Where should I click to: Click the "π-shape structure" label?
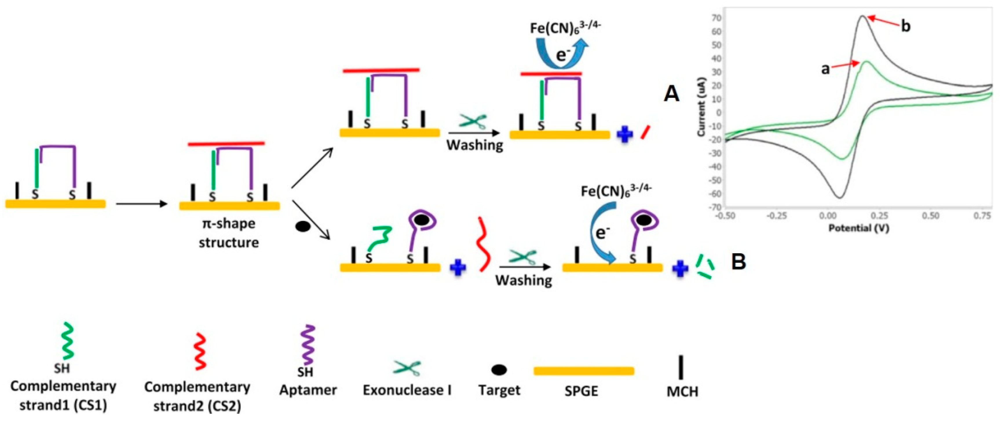click(x=229, y=233)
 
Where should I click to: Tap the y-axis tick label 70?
click(x=716, y=18)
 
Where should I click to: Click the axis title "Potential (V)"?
click(x=859, y=228)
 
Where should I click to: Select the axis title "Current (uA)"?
click(x=701, y=107)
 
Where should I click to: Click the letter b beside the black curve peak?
click(x=905, y=26)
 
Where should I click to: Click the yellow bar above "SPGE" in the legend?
click(x=584, y=371)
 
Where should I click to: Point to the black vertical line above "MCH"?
click(x=681, y=367)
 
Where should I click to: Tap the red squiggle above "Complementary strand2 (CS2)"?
click(x=201, y=351)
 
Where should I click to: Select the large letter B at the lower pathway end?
click(x=738, y=261)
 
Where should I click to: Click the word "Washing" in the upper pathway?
click(x=474, y=145)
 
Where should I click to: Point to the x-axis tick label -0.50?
click(x=725, y=216)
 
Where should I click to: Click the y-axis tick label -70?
click(x=715, y=207)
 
